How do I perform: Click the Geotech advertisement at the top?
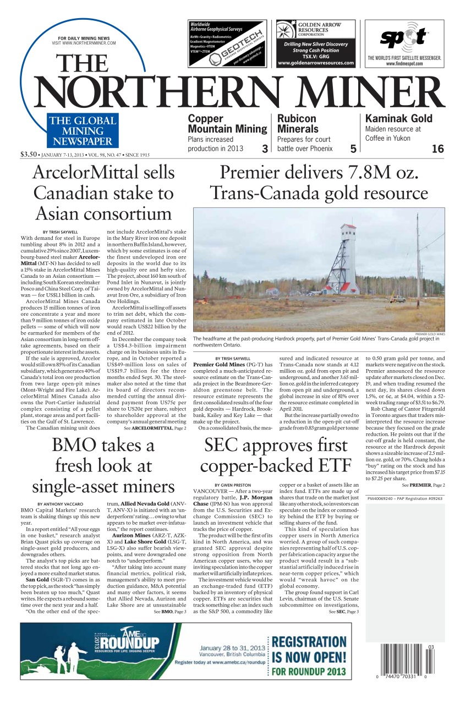227,43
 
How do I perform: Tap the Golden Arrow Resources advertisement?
316,43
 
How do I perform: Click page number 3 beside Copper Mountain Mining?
265,148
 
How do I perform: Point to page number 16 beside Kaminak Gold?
437,148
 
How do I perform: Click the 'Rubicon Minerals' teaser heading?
297,124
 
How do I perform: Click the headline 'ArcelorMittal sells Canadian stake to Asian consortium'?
103,193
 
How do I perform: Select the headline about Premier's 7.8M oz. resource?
319,183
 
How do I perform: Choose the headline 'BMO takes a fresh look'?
103,465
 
